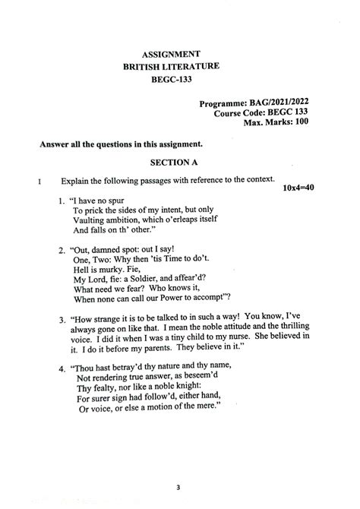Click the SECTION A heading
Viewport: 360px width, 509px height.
174,162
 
